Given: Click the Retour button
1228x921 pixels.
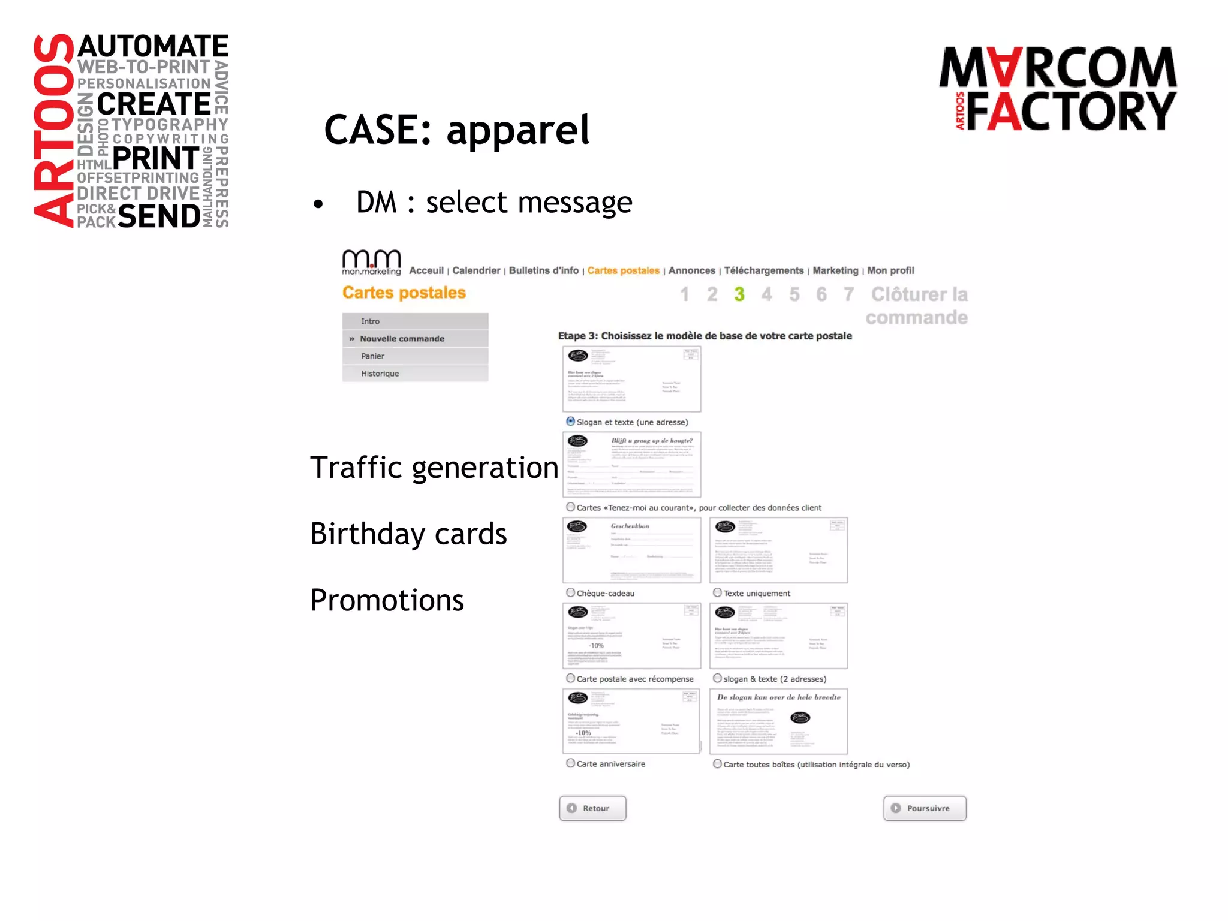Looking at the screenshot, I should (592, 808).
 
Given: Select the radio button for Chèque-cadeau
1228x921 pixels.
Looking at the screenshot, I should (571, 592).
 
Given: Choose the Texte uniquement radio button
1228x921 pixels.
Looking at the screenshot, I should (717, 592).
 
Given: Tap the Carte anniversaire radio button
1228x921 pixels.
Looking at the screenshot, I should (571, 763).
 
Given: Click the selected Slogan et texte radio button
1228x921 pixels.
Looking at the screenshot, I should (571, 422).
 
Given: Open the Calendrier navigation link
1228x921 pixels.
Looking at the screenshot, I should (476, 270).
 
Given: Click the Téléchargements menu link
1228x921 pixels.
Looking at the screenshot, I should (763, 270).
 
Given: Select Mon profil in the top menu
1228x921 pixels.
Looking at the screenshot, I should (890, 270).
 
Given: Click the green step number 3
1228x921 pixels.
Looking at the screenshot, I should (739, 294).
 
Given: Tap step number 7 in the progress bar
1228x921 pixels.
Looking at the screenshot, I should (848, 294).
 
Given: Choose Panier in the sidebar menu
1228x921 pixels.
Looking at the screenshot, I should (372, 356).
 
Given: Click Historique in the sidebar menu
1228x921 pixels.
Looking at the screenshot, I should (380, 374).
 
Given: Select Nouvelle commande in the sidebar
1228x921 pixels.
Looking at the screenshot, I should (402, 339).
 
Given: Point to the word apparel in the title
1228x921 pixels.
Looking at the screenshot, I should (518, 130).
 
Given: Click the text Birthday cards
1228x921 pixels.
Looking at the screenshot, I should (408, 534).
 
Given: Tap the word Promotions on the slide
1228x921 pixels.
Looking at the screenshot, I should (387, 600).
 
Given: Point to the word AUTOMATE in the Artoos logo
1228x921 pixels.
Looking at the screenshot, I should (153, 46).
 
